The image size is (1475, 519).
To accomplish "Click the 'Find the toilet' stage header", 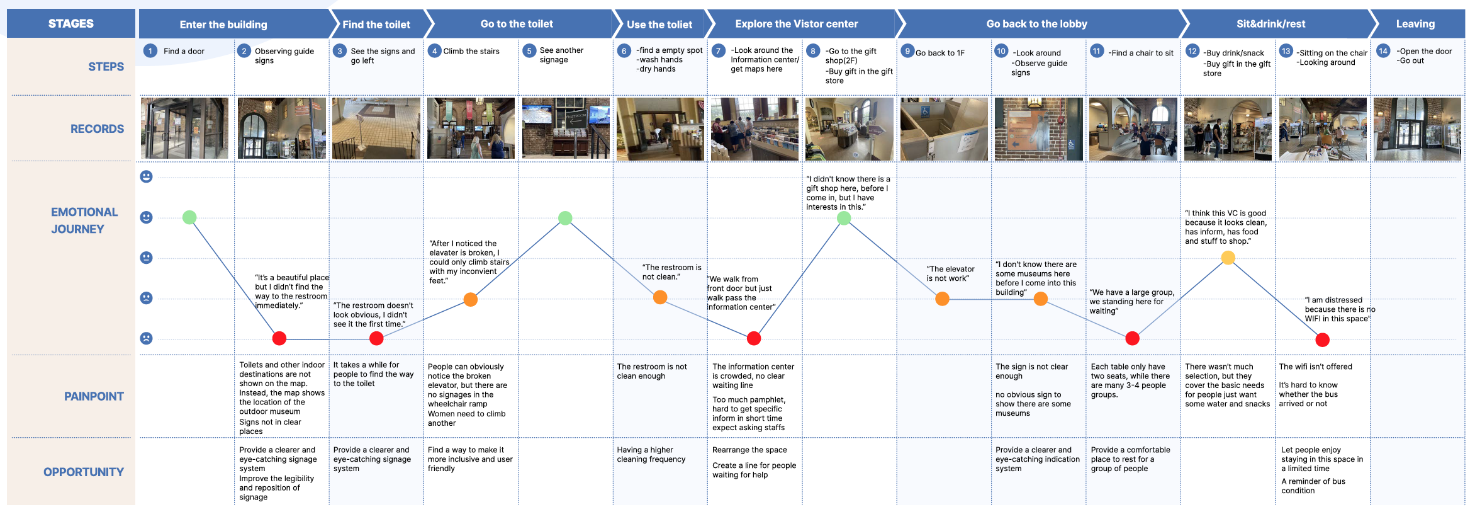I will [376, 25].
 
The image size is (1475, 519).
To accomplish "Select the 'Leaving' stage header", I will [1415, 24].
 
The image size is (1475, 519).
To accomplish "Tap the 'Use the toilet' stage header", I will [659, 25].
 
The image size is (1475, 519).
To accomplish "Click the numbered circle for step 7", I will [719, 50].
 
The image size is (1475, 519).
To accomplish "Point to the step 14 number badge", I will [1383, 51].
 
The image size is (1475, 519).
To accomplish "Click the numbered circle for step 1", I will [150, 51].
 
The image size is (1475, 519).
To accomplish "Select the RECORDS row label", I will [97, 128].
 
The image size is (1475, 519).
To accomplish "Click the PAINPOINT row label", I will [94, 396].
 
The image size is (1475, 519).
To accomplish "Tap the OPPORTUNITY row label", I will [84, 472].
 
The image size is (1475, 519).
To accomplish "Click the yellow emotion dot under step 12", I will [1228, 258].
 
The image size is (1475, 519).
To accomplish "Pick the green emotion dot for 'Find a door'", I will [189, 217].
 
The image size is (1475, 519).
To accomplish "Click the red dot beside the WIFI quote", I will [1322, 340].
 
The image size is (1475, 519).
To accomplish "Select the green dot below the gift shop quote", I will [844, 218].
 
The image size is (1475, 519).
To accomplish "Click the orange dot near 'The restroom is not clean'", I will [660, 297].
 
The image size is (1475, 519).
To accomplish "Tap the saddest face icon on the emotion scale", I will [146, 338].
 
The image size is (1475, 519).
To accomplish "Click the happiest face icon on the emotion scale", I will [146, 176].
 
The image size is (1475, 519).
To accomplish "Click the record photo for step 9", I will [943, 128].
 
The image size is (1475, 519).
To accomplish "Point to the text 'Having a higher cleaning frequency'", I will [651, 454].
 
